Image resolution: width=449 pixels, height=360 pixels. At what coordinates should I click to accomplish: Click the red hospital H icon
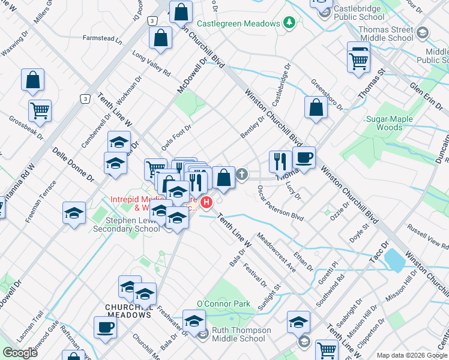pos(207,203)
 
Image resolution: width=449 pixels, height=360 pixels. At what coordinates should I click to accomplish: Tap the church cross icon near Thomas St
pos(242,175)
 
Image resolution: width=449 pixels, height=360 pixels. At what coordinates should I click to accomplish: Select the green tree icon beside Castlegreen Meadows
pos(289,23)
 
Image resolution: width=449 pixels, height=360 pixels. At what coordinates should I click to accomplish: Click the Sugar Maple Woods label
pos(390,123)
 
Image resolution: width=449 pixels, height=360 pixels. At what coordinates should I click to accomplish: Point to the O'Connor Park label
pos(223,304)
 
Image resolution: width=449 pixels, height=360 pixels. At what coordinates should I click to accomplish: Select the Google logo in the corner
pos(20,352)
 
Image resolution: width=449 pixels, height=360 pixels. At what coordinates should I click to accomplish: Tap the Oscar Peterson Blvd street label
pos(280,205)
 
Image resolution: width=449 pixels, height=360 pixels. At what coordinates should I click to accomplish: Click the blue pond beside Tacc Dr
pos(396,260)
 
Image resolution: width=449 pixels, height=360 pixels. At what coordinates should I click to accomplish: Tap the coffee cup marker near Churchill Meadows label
pos(105,328)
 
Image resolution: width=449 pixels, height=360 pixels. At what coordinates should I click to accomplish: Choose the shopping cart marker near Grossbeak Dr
pos(40,110)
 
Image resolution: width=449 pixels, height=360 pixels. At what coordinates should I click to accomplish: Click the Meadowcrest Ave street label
pos(276,257)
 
